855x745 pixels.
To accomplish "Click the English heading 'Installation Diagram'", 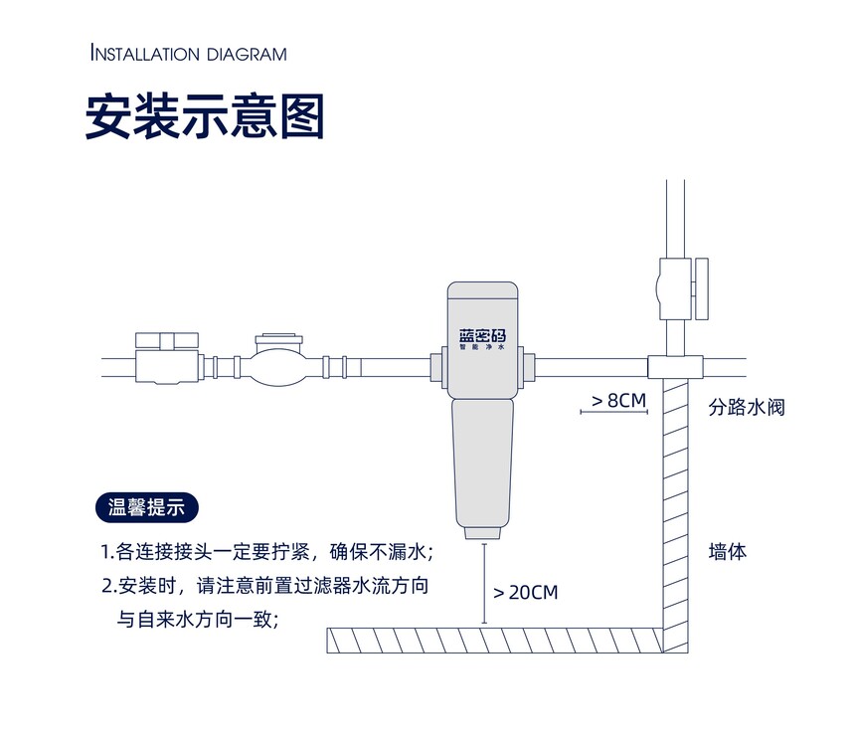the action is point(188,54).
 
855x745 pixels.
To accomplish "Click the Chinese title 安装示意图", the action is point(205,116).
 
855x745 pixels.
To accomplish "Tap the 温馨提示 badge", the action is point(147,507).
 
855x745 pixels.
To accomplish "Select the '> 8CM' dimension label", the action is point(619,400).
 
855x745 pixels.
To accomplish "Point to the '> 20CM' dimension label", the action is point(526,592).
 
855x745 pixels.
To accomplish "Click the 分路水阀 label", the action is point(747,407).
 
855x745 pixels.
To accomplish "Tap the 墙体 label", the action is point(728,551).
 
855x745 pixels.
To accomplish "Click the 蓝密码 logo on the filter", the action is point(482,335).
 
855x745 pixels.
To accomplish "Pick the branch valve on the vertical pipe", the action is point(683,289).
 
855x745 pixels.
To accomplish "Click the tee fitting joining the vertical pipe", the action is point(675,366).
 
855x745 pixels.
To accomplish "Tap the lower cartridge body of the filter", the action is point(482,464).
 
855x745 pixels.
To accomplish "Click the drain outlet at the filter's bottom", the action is point(482,533).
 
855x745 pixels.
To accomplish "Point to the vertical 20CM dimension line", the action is point(483,583).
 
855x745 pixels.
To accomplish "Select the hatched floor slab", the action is point(494,641).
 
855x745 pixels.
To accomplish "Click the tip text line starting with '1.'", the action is point(267,552).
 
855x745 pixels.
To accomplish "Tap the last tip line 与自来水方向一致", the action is point(199,620).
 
